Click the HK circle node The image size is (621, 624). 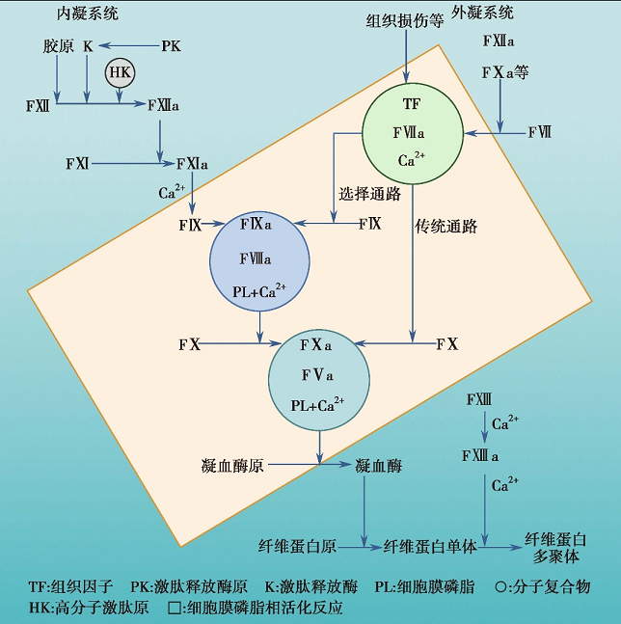click(120, 73)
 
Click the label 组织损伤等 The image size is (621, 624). click(405, 21)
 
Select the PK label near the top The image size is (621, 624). click(171, 45)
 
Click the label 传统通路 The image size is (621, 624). click(446, 228)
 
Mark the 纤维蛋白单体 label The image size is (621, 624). click(430, 546)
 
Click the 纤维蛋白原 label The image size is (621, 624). click(297, 546)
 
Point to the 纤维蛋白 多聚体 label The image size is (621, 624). click(554, 548)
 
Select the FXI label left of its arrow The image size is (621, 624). click(77, 164)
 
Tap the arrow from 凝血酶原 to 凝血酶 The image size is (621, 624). click(309, 466)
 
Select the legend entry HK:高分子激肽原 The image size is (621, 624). click(89, 608)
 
